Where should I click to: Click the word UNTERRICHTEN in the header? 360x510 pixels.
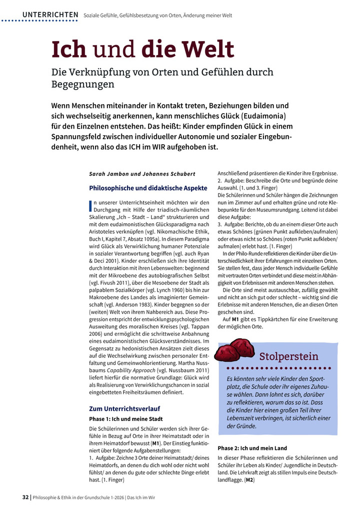[50, 15]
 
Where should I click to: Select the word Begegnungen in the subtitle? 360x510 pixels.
[83, 84]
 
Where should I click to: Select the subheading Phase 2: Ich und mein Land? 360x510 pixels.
[252, 448]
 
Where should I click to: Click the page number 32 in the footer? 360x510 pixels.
[25, 497]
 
